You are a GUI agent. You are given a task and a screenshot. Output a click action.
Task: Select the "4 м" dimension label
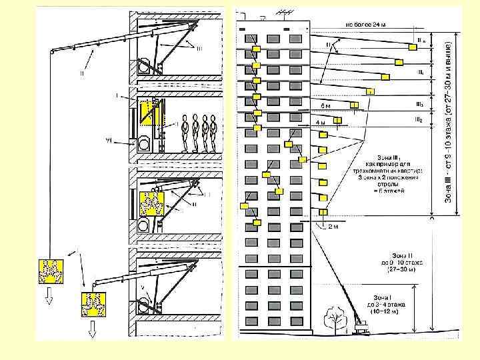tap(320, 123)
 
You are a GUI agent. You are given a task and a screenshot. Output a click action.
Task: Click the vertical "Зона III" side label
tap(451, 117)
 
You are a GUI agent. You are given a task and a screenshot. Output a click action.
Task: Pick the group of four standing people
tap(200, 133)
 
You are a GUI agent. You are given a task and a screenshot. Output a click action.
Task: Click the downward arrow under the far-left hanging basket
tap(49, 299)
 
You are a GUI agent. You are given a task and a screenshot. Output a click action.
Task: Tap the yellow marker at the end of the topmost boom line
tap(413, 45)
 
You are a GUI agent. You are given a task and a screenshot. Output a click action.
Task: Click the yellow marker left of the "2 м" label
tap(322, 213)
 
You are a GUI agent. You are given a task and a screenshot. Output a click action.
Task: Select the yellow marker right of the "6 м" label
tap(354, 105)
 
